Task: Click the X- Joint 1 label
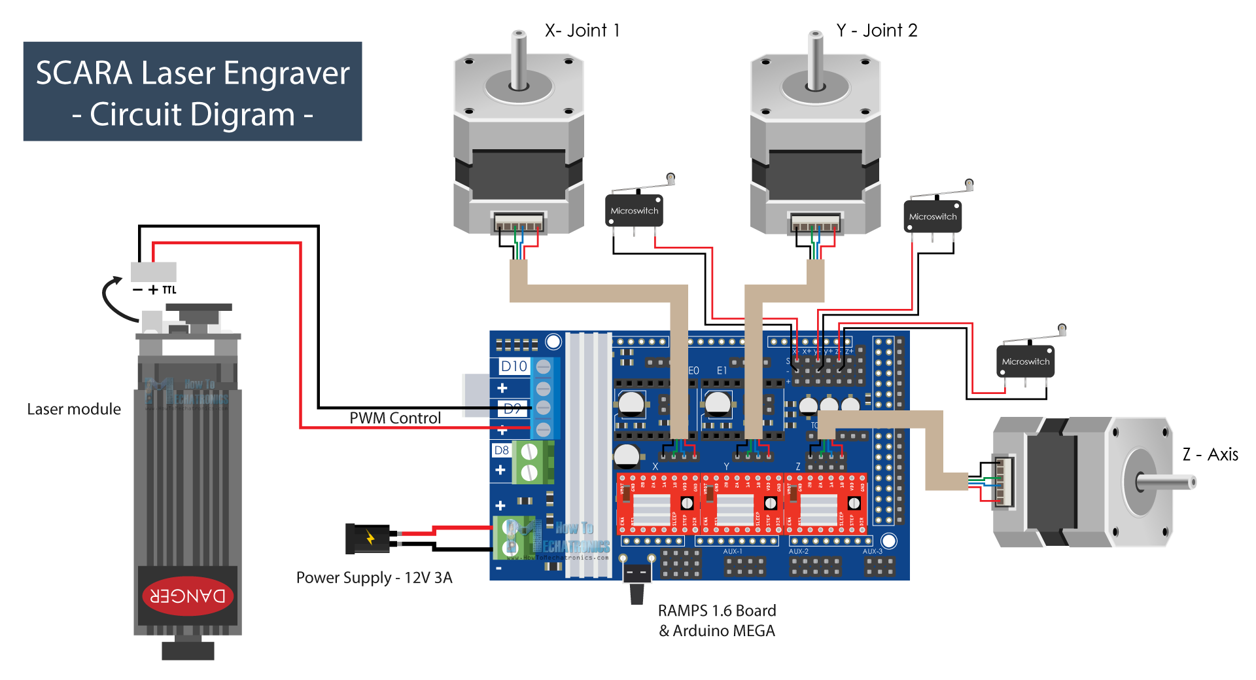pos(582,30)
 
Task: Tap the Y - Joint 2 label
pos(877,30)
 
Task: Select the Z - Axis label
pos(1210,454)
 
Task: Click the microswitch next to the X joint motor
pos(634,210)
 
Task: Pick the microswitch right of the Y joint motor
pos(932,217)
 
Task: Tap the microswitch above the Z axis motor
pos(1025,361)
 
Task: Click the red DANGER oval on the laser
pos(188,596)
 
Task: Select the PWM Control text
pos(395,418)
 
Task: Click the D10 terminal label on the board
pos(514,366)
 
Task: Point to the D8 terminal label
pos(501,450)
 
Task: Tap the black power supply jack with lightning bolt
pos(368,539)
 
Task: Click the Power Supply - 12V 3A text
pos(374,577)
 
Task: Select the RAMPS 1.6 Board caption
pos(717,610)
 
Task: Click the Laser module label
pos(74,409)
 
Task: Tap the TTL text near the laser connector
pos(169,290)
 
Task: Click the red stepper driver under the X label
pos(657,504)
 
